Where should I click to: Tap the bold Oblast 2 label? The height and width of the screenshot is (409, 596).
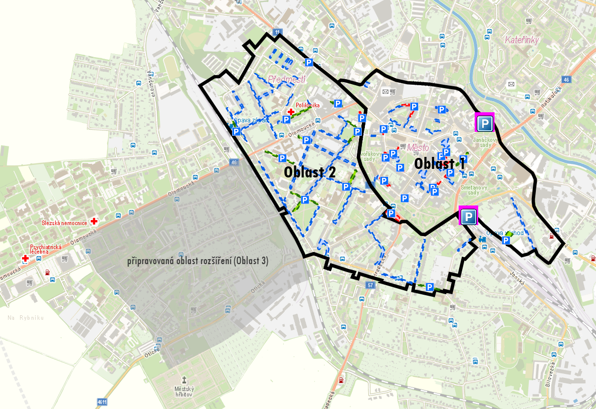(309, 171)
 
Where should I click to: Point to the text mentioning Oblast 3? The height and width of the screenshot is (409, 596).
(197, 261)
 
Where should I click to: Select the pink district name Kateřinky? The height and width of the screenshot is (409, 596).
(521, 40)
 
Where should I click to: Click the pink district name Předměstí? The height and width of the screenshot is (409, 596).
(286, 79)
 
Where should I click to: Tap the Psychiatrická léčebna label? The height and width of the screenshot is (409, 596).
(46, 249)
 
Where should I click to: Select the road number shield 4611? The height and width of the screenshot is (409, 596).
(102, 402)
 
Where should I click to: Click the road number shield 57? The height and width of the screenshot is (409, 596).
(370, 285)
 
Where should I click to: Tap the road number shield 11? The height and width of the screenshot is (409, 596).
(277, 33)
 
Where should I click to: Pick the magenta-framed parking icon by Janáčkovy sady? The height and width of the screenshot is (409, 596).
(484, 123)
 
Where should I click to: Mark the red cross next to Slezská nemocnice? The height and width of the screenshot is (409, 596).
(94, 221)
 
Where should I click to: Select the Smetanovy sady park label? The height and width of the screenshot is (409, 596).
(470, 189)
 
